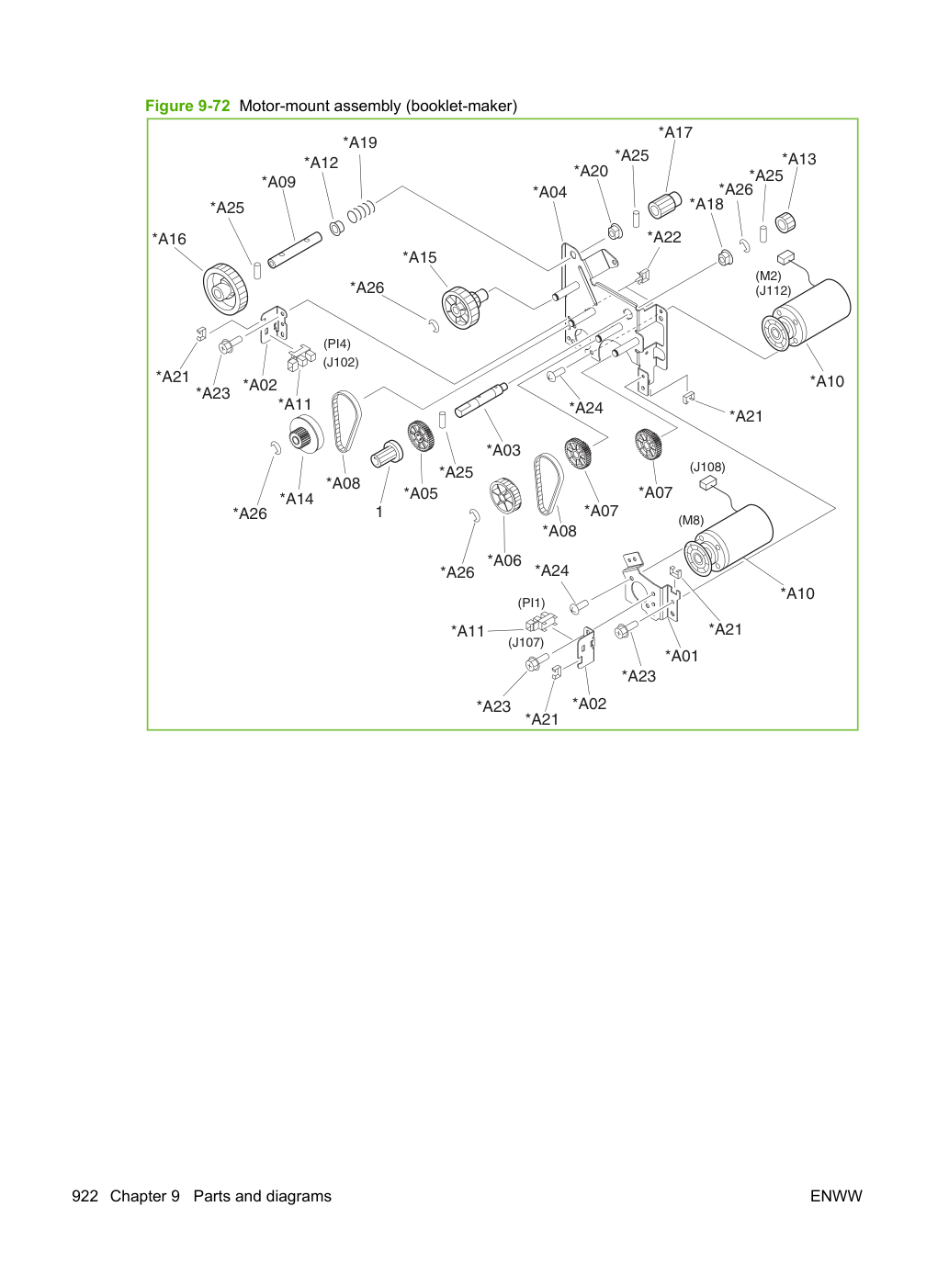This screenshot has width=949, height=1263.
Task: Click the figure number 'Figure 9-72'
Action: [x=187, y=106]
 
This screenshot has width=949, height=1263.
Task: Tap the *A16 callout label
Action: [x=169, y=239]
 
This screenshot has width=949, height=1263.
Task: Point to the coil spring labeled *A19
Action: [x=361, y=210]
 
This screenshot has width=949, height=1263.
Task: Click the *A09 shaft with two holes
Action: [x=295, y=249]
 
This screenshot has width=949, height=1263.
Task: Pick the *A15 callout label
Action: [x=419, y=257]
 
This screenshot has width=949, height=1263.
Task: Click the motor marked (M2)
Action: [x=807, y=314]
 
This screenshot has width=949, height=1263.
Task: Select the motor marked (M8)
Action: [x=729, y=540]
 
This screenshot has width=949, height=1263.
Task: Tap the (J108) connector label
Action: [x=707, y=468]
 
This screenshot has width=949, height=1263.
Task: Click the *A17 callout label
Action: [x=675, y=132]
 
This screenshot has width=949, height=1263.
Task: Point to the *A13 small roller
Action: [x=785, y=222]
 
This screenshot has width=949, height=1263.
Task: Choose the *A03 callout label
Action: [x=503, y=450]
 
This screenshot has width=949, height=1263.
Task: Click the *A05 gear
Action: [x=420, y=436]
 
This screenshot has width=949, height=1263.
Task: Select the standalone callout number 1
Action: [x=379, y=513]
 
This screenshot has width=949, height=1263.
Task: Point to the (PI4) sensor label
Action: [x=336, y=344]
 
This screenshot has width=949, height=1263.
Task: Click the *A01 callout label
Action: [x=682, y=656]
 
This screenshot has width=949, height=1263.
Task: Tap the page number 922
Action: [x=85, y=1196]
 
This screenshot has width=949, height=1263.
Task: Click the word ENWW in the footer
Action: [x=836, y=1196]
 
